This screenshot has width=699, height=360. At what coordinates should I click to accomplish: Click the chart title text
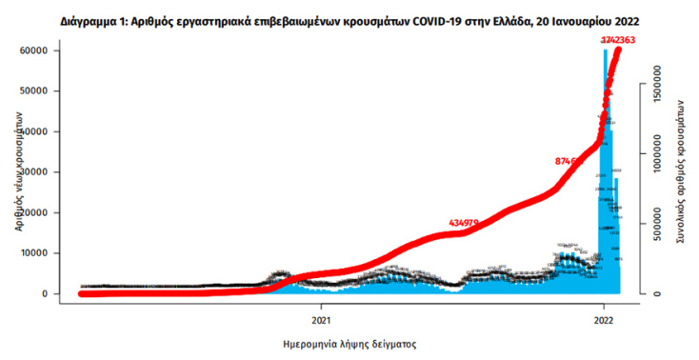pyautogui.click(x=349, y=20)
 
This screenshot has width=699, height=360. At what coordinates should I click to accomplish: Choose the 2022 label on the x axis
pyautogui.click(x=603, y=320)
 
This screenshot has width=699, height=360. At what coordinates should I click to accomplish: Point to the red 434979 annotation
pyautogui.click(x=462, y=223)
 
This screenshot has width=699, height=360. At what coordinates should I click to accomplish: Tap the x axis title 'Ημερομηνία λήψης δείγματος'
pyautogui.click(x=349, y=343)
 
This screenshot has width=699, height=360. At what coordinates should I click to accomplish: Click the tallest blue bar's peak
pyautogui.click(x=605, y=51)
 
